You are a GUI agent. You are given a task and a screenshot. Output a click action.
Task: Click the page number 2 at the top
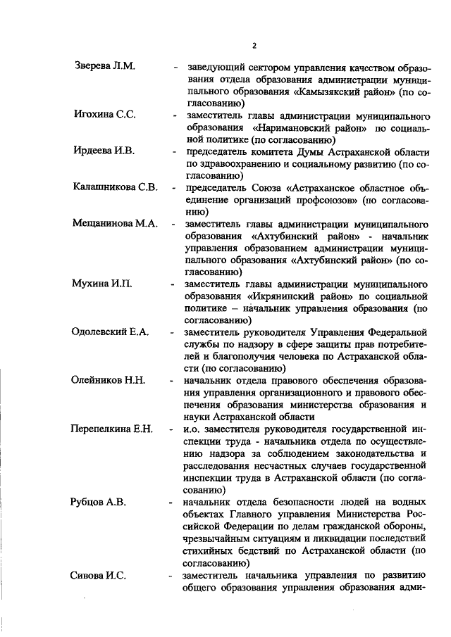254,46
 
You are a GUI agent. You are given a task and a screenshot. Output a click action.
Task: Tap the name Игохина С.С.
104,115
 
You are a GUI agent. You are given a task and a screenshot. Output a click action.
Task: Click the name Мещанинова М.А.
114,223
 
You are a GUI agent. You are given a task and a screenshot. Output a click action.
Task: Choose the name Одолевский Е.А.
111,332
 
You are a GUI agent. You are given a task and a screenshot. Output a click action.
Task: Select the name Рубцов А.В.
103,503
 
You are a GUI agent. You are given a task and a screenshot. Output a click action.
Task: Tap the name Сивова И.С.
100,575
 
